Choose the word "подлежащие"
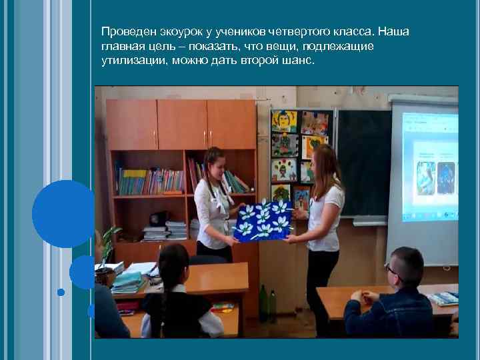coord(340,46)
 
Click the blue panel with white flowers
coord(261,221)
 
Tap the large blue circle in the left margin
coord(63,214)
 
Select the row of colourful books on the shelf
coord(151,181)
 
